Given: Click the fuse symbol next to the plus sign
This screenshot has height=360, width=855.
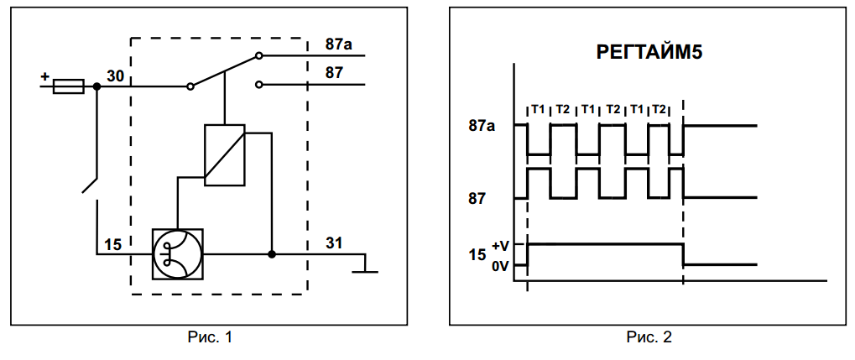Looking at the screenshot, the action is (x=68, y=86).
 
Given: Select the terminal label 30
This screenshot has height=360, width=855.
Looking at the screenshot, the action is (x=115, y=76).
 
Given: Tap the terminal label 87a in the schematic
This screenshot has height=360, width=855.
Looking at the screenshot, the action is (x=339, y=44).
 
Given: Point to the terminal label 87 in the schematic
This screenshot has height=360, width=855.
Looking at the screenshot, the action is (x=334, y=72).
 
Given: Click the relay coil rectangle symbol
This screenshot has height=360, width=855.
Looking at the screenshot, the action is (x=225, y=155).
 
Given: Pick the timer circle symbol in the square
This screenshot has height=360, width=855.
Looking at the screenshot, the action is (x=178, y=254).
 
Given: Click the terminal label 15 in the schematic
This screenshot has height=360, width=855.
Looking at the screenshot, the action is (x=113, y=245).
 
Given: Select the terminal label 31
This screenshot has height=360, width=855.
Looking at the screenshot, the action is (x=334, y=243).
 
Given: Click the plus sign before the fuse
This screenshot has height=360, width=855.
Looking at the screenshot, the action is (x=44, y=77).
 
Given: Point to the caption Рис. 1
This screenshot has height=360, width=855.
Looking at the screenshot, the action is (x=210, y=337).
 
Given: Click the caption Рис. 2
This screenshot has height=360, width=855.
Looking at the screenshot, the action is (x=649, y=337).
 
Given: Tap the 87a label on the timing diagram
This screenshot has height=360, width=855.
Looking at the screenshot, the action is (x=482, y=126).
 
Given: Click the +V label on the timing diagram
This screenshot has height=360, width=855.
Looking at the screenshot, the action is (x=500, y=246).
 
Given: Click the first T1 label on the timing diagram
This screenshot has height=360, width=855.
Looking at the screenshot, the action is (x=538, y=109).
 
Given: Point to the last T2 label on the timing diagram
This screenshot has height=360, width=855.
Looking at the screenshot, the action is (x=659, y=109).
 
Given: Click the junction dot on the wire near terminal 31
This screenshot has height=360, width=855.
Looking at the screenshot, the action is (x=272, y=254).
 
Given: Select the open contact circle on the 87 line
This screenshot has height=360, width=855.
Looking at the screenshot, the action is (x=259, y=85).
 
